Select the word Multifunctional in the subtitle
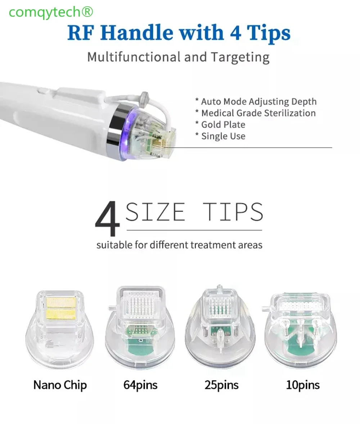[134, 57]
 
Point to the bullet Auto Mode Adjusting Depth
[256, 101]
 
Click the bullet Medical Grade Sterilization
[255, 113]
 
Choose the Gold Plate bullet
[220, 124]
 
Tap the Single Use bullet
[220, 136]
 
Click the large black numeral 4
[107, 218]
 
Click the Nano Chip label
[60, 385]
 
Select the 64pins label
[140, 385]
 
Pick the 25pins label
[222, 385]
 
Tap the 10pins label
[303, 385]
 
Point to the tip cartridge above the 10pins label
[300, 327]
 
